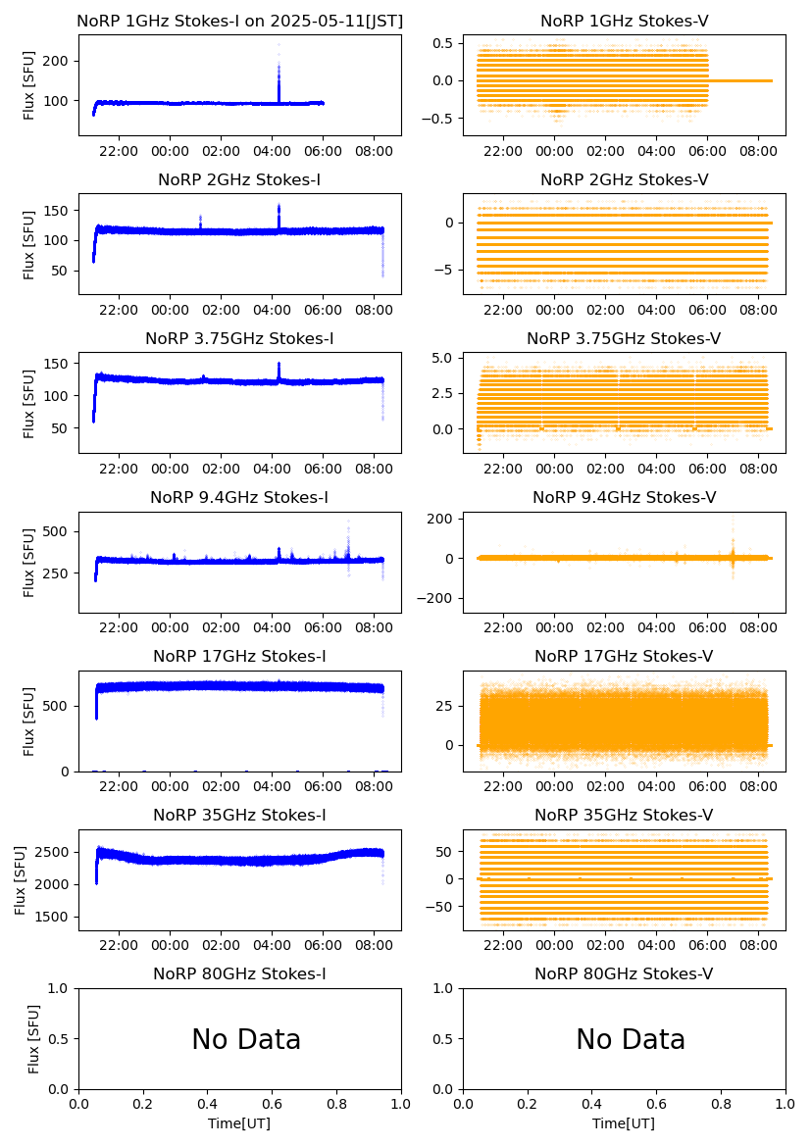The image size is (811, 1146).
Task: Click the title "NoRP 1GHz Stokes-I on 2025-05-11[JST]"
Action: point(239,22)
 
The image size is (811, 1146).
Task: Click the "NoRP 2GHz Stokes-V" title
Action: point(624,180)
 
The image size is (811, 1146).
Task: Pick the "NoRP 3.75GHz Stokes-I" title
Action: point(239,339)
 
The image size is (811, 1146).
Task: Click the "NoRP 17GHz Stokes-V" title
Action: point(624,657)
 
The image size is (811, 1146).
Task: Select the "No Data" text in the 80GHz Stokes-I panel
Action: point(246,1039)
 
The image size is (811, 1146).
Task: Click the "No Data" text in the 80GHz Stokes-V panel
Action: point(631,1039)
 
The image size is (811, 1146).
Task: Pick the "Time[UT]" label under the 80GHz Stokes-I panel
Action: point(239,1123)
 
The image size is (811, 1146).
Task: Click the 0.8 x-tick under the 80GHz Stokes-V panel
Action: point(721,1105)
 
